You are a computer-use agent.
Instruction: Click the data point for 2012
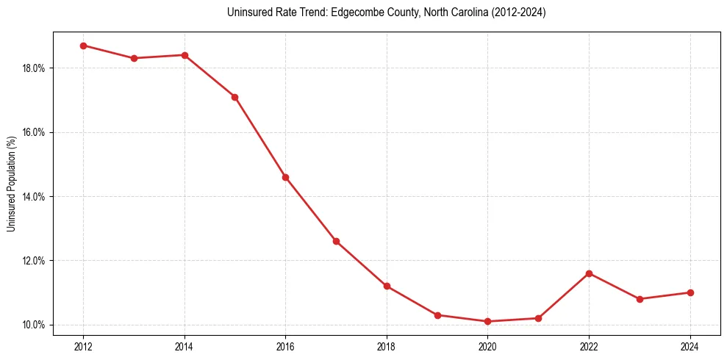coord(83,46)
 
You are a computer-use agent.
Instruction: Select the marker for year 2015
coord(234,97)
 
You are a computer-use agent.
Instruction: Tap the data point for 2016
coord(285,177)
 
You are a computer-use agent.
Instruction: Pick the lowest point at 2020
coord(487,321)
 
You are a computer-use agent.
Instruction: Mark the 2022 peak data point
coord(589,273)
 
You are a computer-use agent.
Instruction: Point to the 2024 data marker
coord(690,292)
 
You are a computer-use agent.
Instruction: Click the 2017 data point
coord(336,241)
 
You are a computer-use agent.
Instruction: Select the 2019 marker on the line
coord(437,315)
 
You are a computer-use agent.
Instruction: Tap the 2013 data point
coord(134,58)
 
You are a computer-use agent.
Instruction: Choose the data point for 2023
coord(640,299)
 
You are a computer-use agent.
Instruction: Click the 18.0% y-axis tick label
coord(34,68)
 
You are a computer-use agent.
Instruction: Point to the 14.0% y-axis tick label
coord(34,197)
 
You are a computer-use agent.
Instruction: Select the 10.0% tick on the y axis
coord(34,325)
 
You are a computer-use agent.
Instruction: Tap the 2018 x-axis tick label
coord(387,346)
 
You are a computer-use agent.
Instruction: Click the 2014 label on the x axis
coord(185,346)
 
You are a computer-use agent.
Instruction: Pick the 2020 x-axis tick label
coord(487,346)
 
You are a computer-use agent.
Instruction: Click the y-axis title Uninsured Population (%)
coord(11,184)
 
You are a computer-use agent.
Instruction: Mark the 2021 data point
coord(538,318)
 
